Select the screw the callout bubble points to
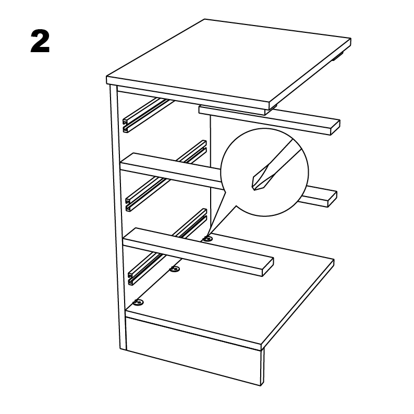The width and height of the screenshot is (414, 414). point(208,239)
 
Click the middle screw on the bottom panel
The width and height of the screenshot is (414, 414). point(175,269)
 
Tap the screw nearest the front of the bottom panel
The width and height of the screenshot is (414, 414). point(138,302)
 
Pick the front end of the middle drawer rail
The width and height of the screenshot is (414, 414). point(129,205)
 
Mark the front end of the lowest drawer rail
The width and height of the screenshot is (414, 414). point(131,278)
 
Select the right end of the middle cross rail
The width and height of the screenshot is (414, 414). point(332,199)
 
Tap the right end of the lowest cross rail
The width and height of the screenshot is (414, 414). point(268,267)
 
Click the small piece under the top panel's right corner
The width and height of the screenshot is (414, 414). point(338,56)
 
